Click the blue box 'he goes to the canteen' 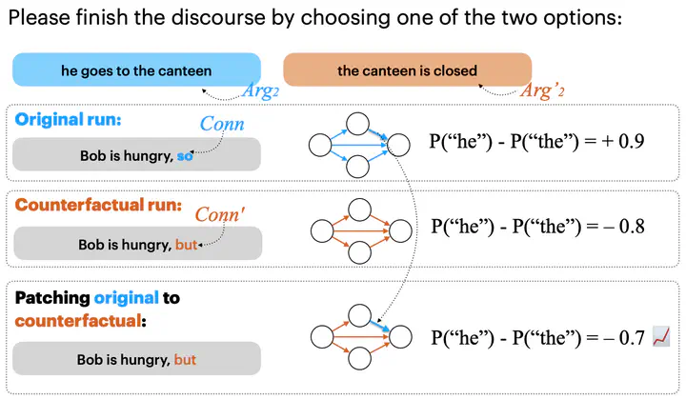135,70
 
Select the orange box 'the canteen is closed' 407,70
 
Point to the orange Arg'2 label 545,92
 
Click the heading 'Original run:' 68,121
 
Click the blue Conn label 222,125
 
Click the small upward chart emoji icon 663,336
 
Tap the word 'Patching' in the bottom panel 53,298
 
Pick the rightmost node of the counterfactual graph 398,230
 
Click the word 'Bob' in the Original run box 91,155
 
